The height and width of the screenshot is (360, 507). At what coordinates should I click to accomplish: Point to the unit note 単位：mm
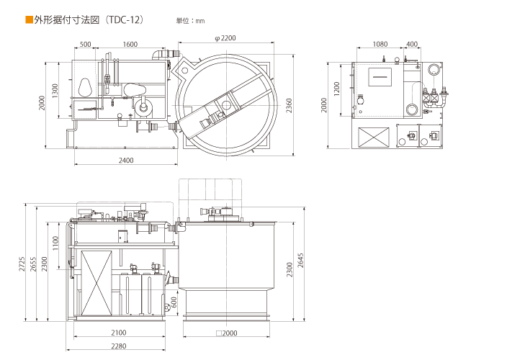click(190, 21)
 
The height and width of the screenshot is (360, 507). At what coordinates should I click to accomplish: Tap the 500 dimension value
click(86, 45)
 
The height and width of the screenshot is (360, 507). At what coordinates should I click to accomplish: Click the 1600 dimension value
click(130, 45)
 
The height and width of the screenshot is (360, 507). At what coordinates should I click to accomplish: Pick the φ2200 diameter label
click(225, 37)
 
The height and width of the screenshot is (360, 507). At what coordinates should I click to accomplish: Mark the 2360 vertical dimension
click(290, 106)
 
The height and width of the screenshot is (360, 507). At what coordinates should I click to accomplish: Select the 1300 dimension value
click(56, 91)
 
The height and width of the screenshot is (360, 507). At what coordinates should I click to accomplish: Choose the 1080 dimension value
click(380, 44)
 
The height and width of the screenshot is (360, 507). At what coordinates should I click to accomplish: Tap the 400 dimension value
click(412, 44)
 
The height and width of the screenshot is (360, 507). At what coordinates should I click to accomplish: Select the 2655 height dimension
click(33, 264)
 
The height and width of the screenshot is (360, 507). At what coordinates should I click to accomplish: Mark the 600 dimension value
click(173, 302)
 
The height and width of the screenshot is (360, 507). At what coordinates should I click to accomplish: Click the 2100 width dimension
click(119, 332)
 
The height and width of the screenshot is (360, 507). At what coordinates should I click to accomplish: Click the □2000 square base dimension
click(226, 333)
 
